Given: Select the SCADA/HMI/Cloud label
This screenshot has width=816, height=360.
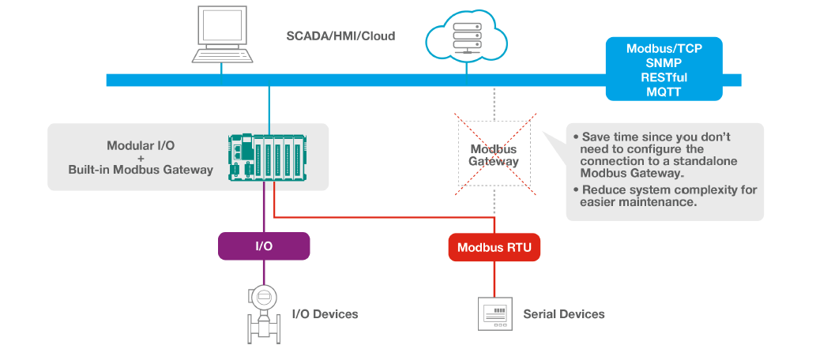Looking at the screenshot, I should click(x=340, y=36).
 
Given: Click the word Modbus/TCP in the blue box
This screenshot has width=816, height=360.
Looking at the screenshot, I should click(x=664, y=48).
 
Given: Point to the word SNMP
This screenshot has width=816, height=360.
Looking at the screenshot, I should click(x=664, y=62).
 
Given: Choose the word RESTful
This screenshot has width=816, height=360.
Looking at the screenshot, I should click(x=664, y=77).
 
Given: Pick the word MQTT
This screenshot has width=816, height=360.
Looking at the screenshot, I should click(x=664, y=92).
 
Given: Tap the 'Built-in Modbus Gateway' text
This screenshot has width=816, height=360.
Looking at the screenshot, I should click(x=141, y=170).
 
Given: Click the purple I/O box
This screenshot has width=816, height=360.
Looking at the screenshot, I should click(x=264, y=246).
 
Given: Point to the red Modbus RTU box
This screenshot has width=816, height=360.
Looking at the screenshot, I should click(x=494, y=248).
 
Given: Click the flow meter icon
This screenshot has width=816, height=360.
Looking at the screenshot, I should click(x=263, y=311).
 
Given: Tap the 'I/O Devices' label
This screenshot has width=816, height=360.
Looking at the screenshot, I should click(x=325, y=314).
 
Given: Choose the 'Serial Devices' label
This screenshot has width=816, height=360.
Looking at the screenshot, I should click(x=563, y=314).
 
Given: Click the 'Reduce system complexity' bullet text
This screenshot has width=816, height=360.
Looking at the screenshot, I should click(x=668, y=197).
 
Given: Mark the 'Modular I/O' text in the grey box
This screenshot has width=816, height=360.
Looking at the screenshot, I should click(x=141, y=146).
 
